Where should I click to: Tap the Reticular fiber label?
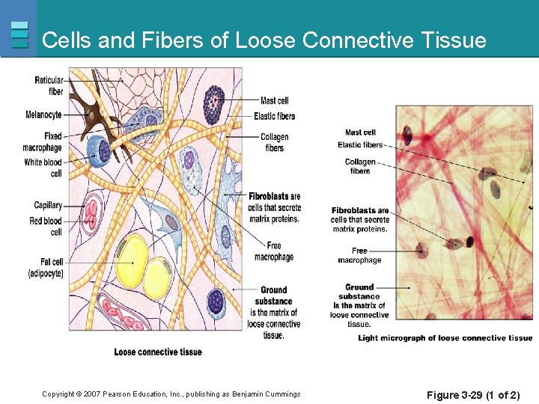point(49,85)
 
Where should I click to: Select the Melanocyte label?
point(43,115)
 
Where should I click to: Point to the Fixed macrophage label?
point(43,142)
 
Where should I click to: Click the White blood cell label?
point(43,168)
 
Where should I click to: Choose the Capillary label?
point(48,205)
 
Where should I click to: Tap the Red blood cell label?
point(46,226)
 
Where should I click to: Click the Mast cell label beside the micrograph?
point(360,133)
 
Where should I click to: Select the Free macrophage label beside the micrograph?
point(359,255)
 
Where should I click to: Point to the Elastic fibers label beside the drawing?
point(274,116)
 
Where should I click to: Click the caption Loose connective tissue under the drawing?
point(158,352)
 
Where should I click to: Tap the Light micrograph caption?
point(445,338)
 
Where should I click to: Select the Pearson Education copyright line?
point(171,394)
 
